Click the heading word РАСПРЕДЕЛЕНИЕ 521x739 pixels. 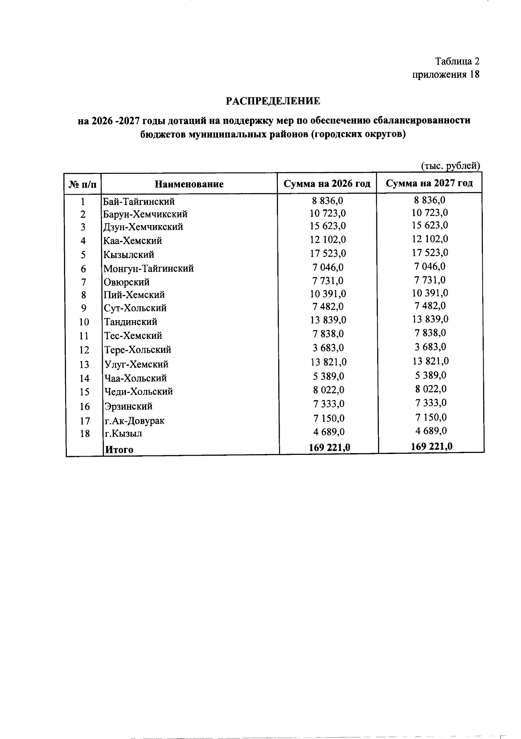point(273,101)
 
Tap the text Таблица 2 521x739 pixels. point(457,61)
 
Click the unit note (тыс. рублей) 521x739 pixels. point(451,166)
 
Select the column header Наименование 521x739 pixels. point(189,184)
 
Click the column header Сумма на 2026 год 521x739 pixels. point(327,183)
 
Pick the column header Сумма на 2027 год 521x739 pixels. point(429,183)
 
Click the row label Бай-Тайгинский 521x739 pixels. point(138,202)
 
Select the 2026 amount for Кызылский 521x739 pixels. point(328,253)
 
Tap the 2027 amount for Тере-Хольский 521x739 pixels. point(430,347)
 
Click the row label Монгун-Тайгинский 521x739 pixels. point(148,268)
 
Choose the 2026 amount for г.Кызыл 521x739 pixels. point(328,432)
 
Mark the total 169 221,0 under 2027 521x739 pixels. point(432,446)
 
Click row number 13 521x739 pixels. point(84,364)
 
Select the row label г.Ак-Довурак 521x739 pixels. point(134,421)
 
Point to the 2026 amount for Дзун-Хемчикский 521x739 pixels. point(328,226)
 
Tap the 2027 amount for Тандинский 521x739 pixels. point(430,319)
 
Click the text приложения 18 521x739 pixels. point(446,74)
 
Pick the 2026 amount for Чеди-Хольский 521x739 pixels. point(328,390)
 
